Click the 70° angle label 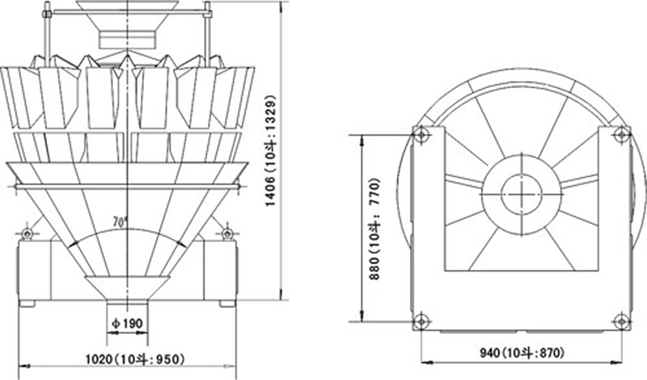[x=120, y=222]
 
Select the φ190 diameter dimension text [x=127, y=323]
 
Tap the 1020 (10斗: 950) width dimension [x=135, y=359]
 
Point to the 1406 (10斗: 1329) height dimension [x=270, y=151]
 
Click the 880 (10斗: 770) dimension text [x=374, y=229]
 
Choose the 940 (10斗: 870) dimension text [x=522, y=353]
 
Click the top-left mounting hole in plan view [x=421, y=134]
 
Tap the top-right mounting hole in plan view [x=621, y=134]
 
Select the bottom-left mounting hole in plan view [x=421, y=321]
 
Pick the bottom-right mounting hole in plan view [x=621, y=321]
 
